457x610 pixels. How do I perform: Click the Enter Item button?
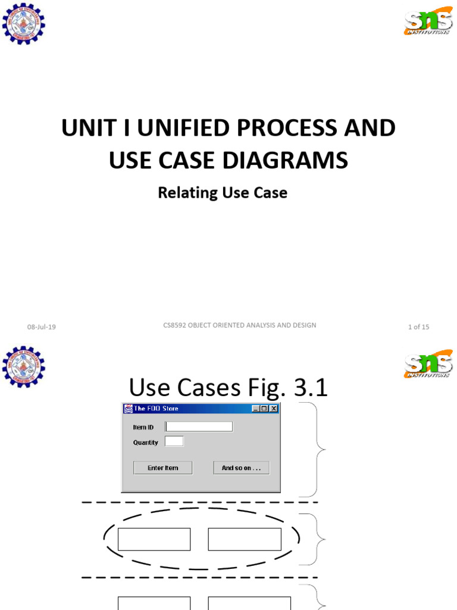click(162, 468)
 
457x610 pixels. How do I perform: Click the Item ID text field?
click(199, 427)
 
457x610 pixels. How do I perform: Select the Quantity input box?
click(174, 441)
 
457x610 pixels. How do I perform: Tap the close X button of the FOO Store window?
click(273, 409)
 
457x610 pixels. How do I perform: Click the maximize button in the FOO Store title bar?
click(264, 409)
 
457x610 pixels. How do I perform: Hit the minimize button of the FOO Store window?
click(256, 409)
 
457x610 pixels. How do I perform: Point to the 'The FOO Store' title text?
click(156, 409)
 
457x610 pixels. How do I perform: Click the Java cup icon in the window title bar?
click(128, 409)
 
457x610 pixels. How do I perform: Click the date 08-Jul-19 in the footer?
click(42, 326)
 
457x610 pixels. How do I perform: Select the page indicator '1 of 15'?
click(418, 326)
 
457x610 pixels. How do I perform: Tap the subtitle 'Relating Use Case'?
click(222, 193)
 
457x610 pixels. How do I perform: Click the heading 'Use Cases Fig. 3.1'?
click(228, 388)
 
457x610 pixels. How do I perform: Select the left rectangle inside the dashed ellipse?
click(154, 539)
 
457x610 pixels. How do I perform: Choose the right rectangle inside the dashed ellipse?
click(245, 539)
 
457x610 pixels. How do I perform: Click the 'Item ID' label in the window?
click(143, 427)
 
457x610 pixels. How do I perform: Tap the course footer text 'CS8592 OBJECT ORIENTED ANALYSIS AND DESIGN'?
click(239, 325)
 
